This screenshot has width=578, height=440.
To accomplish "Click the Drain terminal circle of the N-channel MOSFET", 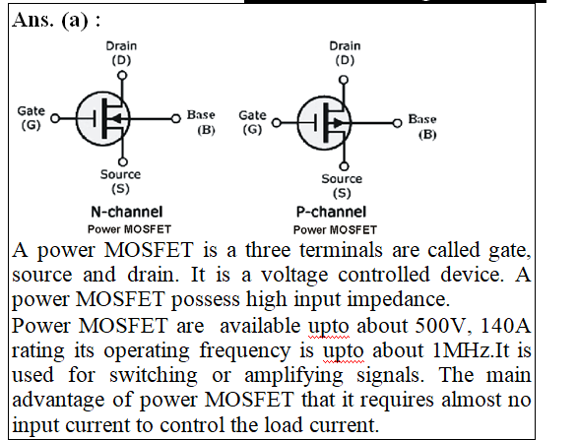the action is click(122, 76).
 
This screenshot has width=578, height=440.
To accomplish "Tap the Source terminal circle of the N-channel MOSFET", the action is click(123, 161).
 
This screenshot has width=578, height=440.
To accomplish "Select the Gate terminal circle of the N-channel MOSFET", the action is click(55, 118).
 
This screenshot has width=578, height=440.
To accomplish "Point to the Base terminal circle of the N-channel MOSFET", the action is click(176, 119).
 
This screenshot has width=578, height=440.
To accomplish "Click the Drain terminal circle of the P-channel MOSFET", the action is click(344, 80).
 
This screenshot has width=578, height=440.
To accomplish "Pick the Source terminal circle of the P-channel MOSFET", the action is click(344, 166).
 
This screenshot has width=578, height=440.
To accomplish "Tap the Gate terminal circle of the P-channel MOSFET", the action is click(277, 123).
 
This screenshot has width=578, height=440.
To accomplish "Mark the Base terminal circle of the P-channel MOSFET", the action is click(397, 123).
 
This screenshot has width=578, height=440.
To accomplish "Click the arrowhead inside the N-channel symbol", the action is click(115, 119).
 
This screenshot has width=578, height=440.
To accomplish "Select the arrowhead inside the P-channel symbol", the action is click(338, 123).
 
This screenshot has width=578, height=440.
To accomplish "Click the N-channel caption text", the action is click(127, 212).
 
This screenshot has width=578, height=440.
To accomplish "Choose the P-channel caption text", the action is click(331, 212).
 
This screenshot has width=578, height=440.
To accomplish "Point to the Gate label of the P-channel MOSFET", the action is click(252, 115).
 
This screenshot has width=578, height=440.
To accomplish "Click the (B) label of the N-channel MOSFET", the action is click(206, 130).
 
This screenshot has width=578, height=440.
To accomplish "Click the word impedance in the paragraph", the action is click(398, 300).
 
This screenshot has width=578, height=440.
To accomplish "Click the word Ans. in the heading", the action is click(33, 20).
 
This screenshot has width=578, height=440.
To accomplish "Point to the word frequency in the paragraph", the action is click(245, 351).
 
